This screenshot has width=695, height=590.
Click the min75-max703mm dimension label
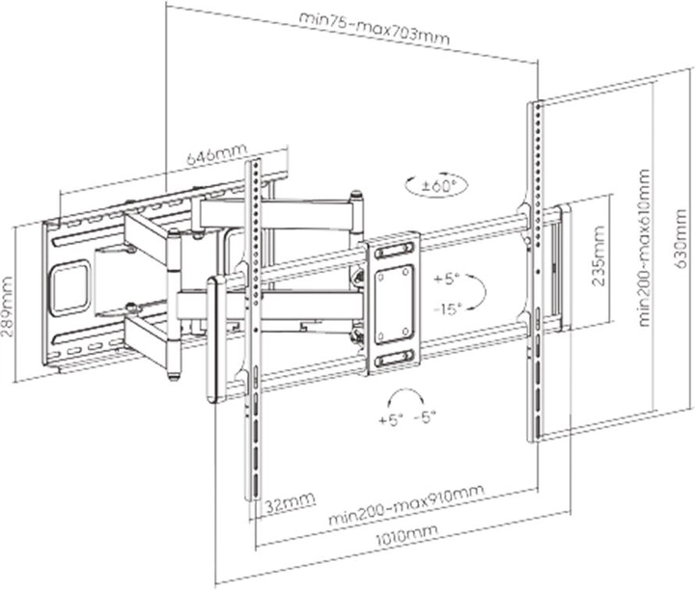point(375,28)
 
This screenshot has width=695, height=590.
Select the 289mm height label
point(7,307)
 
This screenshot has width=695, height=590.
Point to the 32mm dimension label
point(291,502)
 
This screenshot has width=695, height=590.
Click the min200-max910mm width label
point(406,504)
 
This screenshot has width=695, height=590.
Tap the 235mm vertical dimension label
point(598,255)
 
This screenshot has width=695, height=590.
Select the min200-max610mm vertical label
point(644,248)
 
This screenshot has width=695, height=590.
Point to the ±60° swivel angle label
point(437,185)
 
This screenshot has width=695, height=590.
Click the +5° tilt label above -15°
point(447,280)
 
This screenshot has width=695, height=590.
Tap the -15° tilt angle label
point(448,308)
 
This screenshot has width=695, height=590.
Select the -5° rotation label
point(425,416)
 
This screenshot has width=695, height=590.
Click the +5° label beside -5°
point(391,419)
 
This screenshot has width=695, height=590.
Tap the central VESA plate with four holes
point(393,304)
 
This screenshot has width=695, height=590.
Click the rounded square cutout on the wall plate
point(70,287)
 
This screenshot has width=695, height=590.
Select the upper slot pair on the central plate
point(394,252)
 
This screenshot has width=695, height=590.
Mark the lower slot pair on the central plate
point(394,358)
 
